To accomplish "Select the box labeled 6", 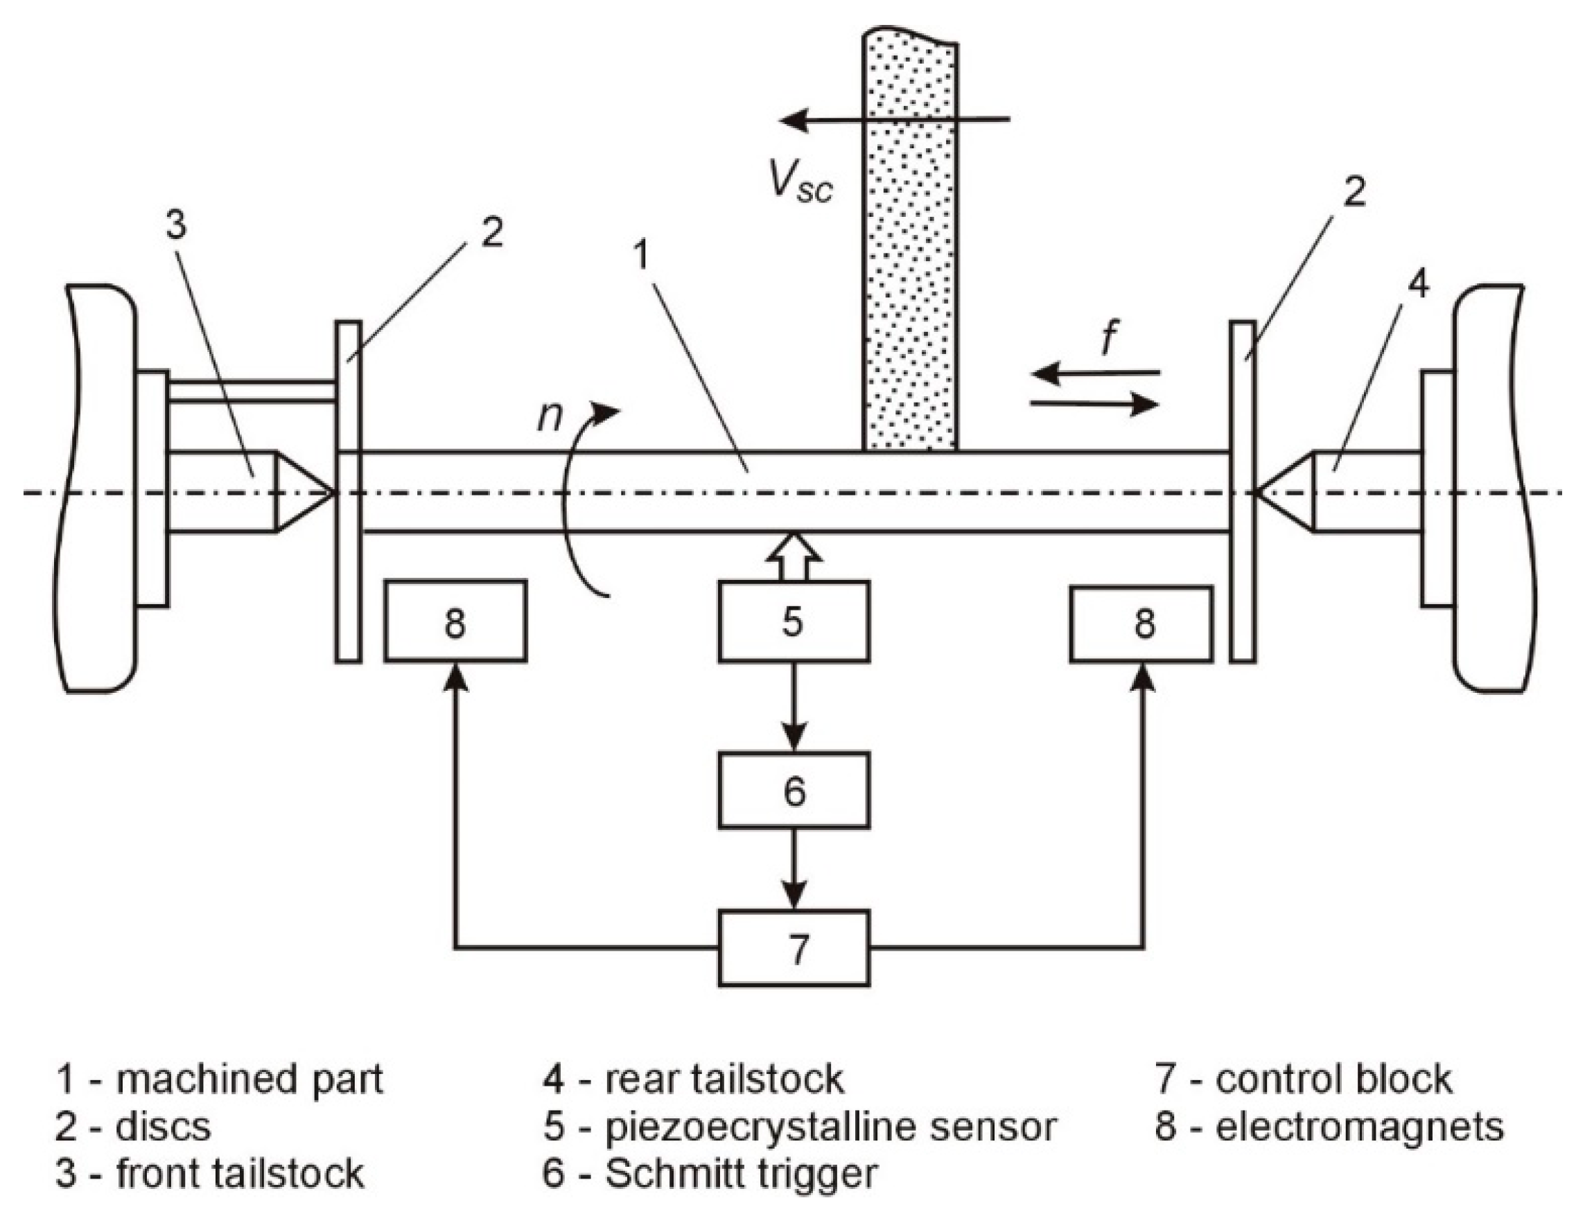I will [793, 790].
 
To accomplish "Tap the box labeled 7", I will [793, 948].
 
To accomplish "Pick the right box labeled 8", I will [1141, 623].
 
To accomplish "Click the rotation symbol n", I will [550, 417].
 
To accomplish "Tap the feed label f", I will [1109, 339].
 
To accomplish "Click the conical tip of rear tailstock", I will [1284, 493].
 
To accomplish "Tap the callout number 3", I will [176, 224].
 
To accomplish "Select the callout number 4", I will [1418, 285].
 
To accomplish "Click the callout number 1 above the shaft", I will [642, 256].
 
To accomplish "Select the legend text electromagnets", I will [1360, 1127].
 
